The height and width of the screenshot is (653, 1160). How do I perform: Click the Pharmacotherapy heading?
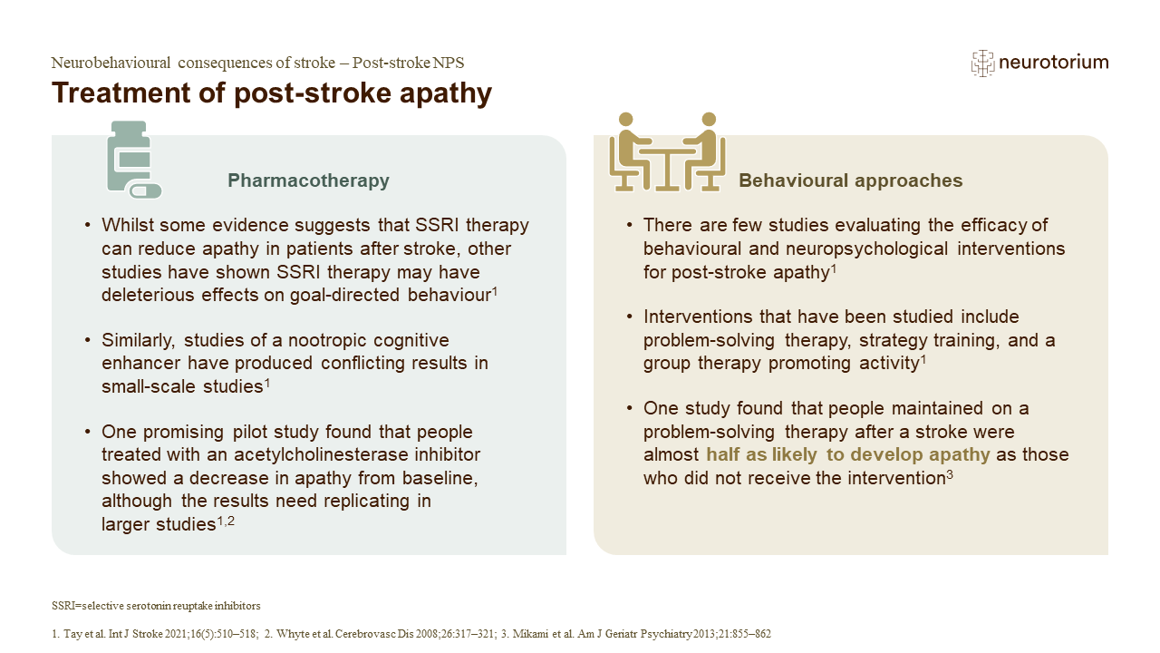(x=308, y=180)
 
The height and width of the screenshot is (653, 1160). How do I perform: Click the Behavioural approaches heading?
(x=850, y=180)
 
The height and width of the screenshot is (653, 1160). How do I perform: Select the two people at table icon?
(x=667, y=151)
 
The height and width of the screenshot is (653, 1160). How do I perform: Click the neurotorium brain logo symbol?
(x=982, y=63)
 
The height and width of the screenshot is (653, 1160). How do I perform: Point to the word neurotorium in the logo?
(x=1054, y=63)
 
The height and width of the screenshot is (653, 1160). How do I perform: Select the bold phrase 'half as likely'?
(x=761, y=454)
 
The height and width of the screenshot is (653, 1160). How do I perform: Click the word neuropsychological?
(x=866, y=249)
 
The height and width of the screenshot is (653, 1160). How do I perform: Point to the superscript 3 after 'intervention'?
(x=950, y=474)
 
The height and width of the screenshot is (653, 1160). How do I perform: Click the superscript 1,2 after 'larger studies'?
(x=226, y=521)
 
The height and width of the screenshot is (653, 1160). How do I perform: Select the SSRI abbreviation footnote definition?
(x=156, y=606)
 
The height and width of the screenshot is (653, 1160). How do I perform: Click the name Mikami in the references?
(x=528, y=634)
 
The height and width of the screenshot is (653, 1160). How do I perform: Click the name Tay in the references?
(x=72, y=634)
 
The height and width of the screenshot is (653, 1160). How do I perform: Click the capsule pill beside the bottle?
(x=146, y=191)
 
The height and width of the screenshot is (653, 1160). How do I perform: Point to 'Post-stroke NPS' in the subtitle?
(x=408, y=63)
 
